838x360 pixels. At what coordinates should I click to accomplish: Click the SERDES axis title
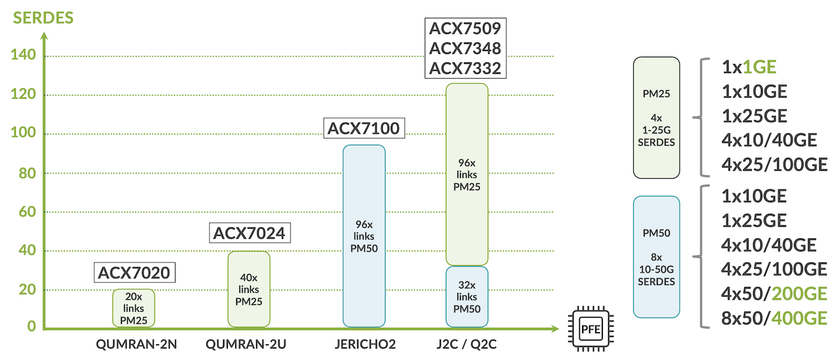tap(43, 18)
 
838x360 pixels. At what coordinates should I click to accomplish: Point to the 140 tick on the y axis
tap(23, 54)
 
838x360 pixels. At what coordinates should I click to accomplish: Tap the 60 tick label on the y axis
tap(27, 212)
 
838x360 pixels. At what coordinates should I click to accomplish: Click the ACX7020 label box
tap(134, 272)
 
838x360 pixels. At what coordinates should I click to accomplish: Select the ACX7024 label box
tap(249, 233)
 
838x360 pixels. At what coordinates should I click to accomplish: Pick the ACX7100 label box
tap(364, 128)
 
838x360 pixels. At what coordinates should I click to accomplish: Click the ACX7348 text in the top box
tap(465, 48)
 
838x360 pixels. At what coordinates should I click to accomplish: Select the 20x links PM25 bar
tap(134, 308)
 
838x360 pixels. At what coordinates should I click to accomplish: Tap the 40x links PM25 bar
tap(249, 289)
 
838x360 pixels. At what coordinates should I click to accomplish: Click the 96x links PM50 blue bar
tap(364, 236)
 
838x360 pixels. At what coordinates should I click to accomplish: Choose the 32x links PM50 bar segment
tap(467, 297)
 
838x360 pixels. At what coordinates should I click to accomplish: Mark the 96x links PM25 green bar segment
tap(467, 174)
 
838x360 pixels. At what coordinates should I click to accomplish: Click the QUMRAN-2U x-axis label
tap(246, 344)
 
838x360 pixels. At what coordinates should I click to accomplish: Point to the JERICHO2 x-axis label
tap(365, 344)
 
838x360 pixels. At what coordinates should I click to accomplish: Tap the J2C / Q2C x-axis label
tap(467, 344)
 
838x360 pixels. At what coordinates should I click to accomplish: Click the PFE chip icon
tap(591, 329)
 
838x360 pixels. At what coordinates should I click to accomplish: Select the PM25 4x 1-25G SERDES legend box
tap(656, 117)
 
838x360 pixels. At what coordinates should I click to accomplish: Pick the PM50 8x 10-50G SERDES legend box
tap(656, 257)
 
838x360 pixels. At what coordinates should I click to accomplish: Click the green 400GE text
tap(799, 318)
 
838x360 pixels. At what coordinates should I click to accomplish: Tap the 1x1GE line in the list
tap(749, 67)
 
